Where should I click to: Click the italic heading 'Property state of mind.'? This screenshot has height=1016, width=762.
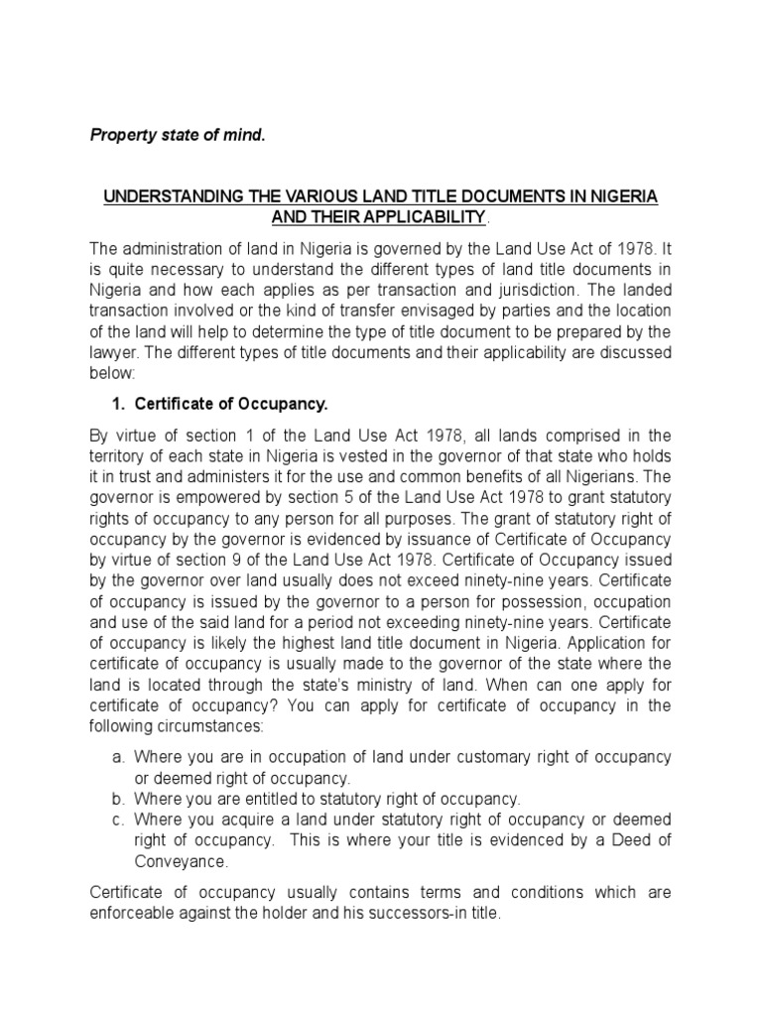(x=179, y=134)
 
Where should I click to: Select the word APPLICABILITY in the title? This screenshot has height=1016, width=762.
(x=416, y=217)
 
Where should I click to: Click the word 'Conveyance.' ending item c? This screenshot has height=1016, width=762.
(x=175, y=860)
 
